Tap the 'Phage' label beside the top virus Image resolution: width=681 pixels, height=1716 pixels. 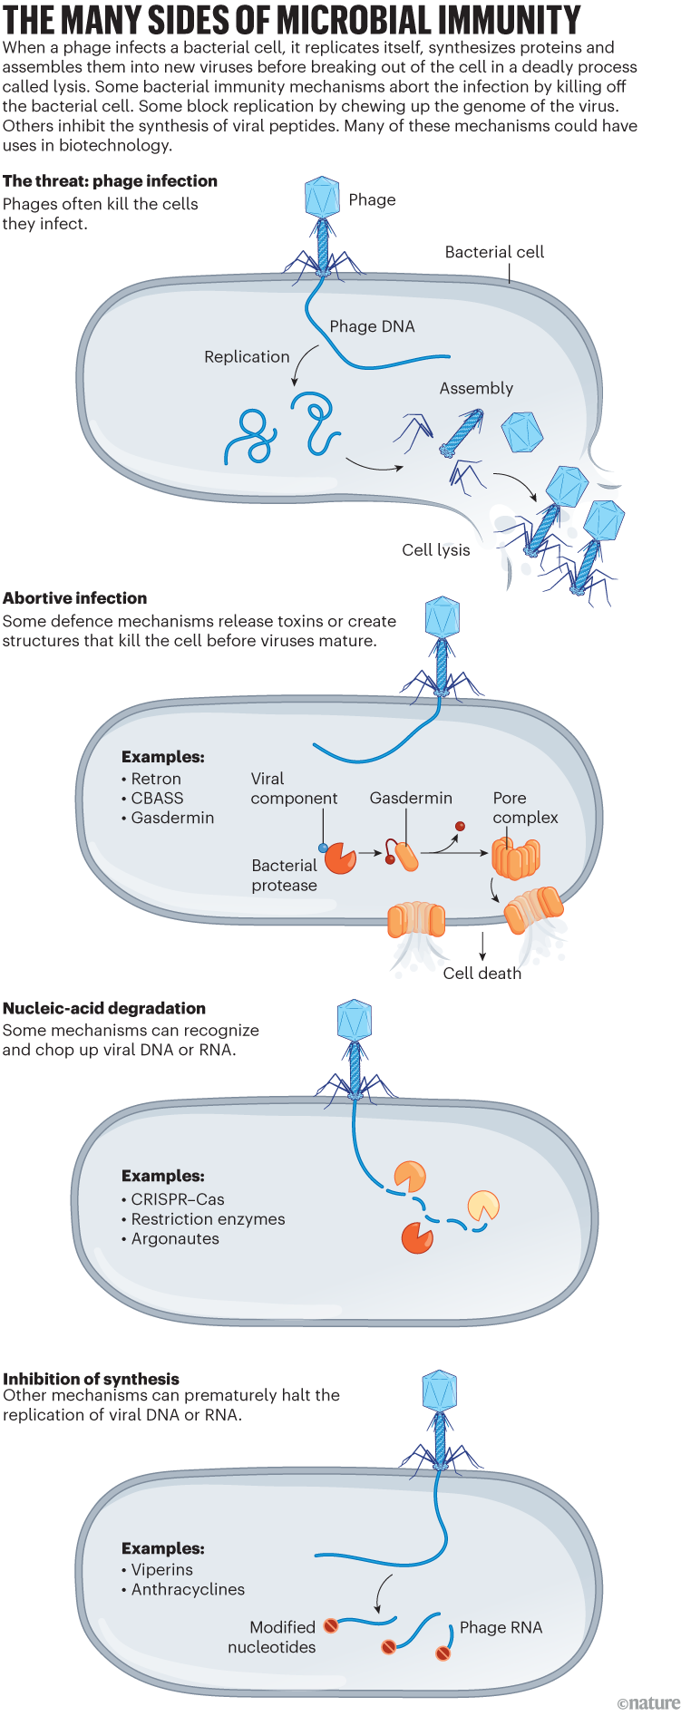[372, 199]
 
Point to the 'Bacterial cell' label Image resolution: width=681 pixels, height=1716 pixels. [494, 252]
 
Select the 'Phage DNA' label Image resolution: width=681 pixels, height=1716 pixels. [372, 326]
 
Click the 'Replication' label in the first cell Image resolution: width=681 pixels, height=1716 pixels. [247, 357]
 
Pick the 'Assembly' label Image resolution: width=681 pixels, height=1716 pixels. [476, 388]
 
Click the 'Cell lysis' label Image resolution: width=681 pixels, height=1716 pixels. [436, 550]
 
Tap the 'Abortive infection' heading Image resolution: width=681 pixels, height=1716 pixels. [75, 598]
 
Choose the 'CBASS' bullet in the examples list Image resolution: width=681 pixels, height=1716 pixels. [157, 799]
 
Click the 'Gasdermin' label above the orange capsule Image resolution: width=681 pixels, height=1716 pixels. [411, 798]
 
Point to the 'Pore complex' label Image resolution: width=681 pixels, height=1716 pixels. [525, 808]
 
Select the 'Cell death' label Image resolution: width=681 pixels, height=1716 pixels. [482, 974]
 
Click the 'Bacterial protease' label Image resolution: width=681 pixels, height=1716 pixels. [285, 876]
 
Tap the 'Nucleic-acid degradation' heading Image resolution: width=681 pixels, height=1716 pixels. [104, 1008]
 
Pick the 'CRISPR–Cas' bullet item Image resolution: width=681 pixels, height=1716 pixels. [178, 1199]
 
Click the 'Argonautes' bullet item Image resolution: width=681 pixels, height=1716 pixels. [175, 1239]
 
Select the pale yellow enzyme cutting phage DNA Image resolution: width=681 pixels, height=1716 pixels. [482, 1206]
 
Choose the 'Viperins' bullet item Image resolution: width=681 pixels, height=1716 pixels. [161, 1570]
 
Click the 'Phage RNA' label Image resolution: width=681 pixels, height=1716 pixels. [501, 1627]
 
